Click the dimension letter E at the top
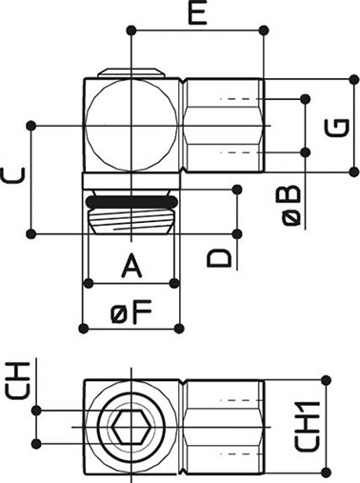(197, 14)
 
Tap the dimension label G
(337, 128)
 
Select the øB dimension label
(291, 206)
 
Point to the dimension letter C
(12, 176)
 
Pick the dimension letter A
(131, 266)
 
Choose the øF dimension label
(131, 312)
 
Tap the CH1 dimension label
(308, 426)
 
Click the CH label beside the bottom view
(17, 381)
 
